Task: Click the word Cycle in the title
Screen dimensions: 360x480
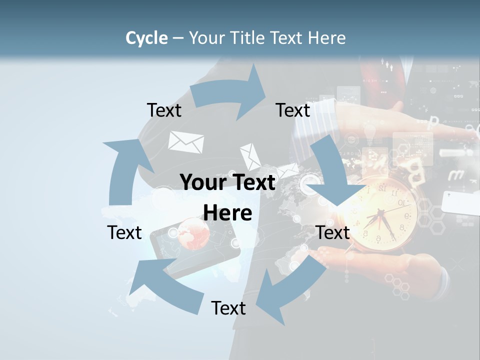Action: coord(146,38)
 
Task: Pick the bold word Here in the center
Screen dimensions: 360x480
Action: coord(227,213)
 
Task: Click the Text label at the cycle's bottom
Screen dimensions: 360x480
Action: coord(228,308)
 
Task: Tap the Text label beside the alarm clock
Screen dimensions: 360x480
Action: coord(332,232)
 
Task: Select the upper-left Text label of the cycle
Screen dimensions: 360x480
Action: coord(164,110)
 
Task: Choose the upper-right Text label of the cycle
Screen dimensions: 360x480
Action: coord(293,110)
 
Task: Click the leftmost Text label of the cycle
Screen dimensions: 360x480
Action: coord(124,232)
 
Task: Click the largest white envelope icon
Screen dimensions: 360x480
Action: coord(186,142)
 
